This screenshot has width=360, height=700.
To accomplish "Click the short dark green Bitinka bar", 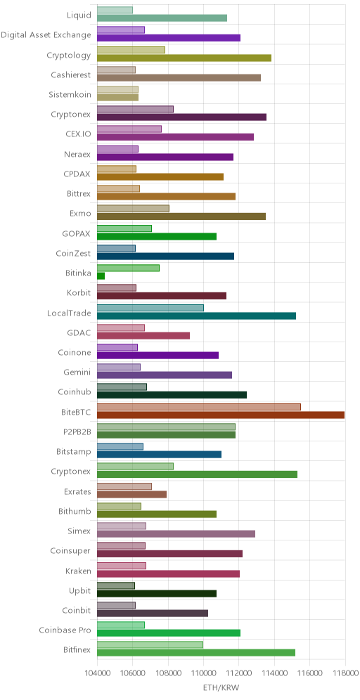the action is pos(101,276).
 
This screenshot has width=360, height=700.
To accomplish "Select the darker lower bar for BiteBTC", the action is pos(221,415).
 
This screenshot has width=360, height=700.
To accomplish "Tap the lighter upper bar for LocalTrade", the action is pos(150,308).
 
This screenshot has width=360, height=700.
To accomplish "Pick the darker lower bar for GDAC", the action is pos(143,335).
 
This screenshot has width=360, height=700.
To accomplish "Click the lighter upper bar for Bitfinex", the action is pos(150,644).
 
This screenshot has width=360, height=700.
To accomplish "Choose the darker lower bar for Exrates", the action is pos(131,494).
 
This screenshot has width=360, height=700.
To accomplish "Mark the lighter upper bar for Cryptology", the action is pos(131,50).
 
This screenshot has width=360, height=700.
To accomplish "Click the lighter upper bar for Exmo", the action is pos(133,208).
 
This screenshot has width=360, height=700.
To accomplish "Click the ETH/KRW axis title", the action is pos(221,688).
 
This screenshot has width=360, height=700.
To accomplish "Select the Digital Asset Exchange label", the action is pos(46,35).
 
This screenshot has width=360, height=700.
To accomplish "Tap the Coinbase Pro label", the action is pos(65,630).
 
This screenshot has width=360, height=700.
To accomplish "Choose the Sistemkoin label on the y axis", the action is pos(70,95).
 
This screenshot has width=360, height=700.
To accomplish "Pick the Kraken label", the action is pos(78,571).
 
